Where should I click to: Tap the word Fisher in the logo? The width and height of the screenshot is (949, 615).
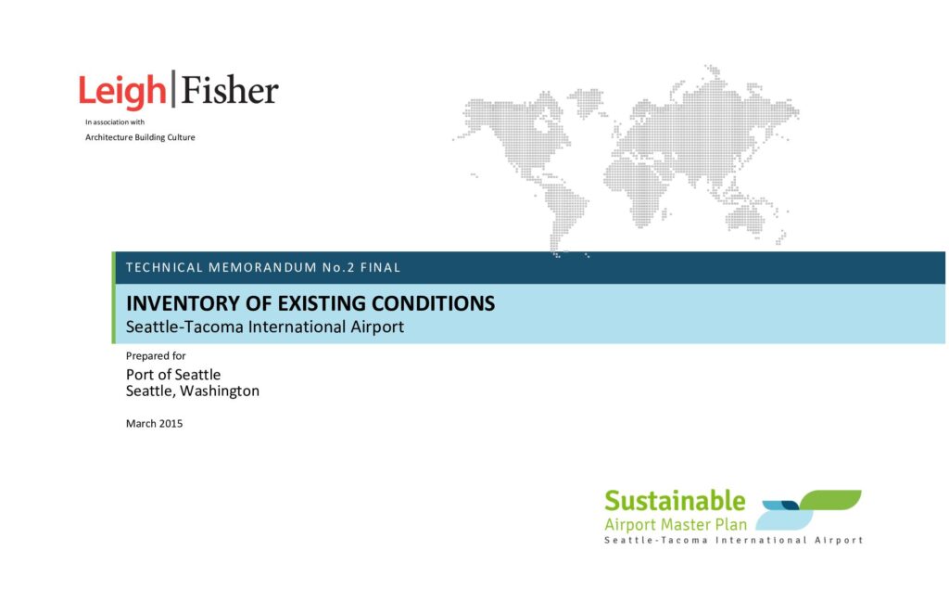click(230, 90)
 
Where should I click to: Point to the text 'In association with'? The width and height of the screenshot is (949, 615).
click(115, 122)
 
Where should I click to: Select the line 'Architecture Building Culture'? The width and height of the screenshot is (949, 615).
click(140, 137)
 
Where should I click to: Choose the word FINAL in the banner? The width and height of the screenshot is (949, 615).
click(380, 267)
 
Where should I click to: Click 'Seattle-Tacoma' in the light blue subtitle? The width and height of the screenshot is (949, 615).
click(184, 327)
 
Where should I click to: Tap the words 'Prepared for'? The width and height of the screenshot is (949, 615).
click(156, 355)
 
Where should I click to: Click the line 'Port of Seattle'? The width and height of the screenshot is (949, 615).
click(173, 375)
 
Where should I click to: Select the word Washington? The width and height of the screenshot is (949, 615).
click(219, 391)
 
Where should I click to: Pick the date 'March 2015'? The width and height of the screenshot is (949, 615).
click(155, 424)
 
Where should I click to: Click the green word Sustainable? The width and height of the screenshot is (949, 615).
click(675, 501)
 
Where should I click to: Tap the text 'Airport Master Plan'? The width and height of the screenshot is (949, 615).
click(676, 524)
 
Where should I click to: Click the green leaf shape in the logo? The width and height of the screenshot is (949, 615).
click(831, 500)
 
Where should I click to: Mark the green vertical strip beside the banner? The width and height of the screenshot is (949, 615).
click(114, 298)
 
